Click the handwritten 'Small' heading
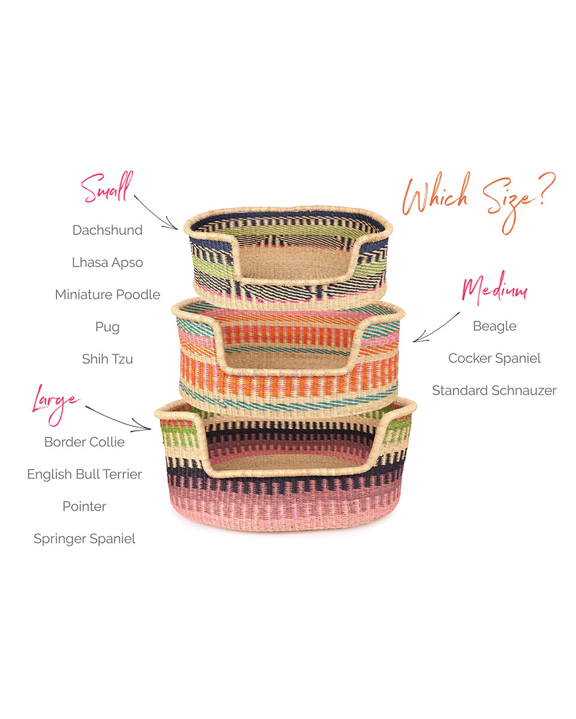click(x=107, y=188)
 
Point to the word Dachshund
click(x=107, y=230)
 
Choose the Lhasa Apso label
click(x=107, y=262)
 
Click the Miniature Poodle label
click(x=107, y=295)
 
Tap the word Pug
click(x=107, y=327)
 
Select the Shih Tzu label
click(x=107, y=359)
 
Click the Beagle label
click(x=494, y=326)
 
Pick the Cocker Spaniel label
click(x=494, y=358)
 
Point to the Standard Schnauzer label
click(x=494, y=391)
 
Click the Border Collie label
click(x=85, y=442)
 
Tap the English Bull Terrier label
click(x=85, y=475)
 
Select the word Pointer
click(x=85, y=507)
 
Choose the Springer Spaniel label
click(x=85, y=539)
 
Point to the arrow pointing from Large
click(x=118, y=418)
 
